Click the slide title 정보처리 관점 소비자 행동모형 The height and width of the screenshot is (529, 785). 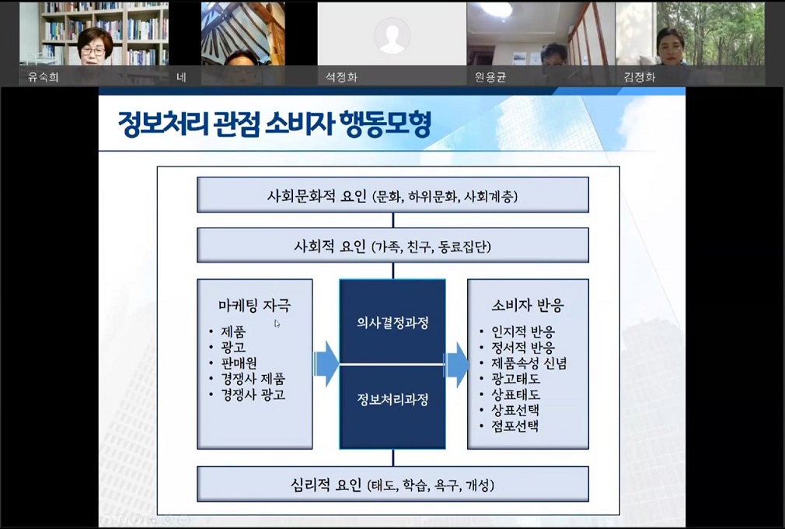coord(274,125)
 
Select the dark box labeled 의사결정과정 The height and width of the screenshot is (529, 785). coord(392,322)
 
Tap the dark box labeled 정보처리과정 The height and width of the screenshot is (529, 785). coord(392,400)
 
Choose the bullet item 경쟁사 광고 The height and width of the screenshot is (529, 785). coord(253,394)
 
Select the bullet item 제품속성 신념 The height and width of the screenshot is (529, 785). coord(529,363)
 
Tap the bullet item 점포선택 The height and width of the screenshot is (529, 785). coord(515,426)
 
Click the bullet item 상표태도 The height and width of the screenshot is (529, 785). coord(515,394)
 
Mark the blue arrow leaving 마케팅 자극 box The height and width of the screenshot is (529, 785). coord(326,363)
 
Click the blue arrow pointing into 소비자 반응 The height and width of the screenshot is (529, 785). coord(456,363)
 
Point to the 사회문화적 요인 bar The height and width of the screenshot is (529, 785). coord(392,195)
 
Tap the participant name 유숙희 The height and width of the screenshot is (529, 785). coord(43,77)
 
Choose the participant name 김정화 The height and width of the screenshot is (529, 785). coord(639,77)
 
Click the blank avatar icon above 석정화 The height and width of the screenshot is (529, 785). coord(391,35)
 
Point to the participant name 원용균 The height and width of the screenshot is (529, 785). coord(490,77)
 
